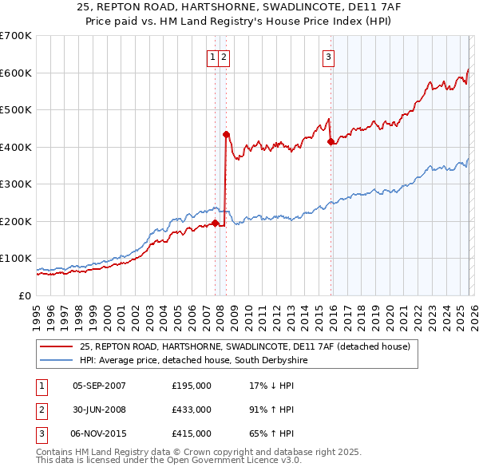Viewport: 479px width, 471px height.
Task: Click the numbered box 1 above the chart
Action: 213,57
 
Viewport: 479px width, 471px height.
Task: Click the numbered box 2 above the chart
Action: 224,57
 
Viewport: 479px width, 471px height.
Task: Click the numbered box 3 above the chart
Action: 328,57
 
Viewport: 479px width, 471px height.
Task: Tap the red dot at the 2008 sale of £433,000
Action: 226,134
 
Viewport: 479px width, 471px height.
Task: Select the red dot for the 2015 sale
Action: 331,141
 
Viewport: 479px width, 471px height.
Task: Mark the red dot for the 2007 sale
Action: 215,223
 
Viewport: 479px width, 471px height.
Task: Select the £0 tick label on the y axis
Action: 26,295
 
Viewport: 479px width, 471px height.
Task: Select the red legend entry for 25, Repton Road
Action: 244,346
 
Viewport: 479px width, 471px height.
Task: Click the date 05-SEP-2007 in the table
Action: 99,386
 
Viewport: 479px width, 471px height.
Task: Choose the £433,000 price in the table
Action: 192,410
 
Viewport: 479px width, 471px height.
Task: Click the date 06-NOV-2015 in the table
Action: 99,433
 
